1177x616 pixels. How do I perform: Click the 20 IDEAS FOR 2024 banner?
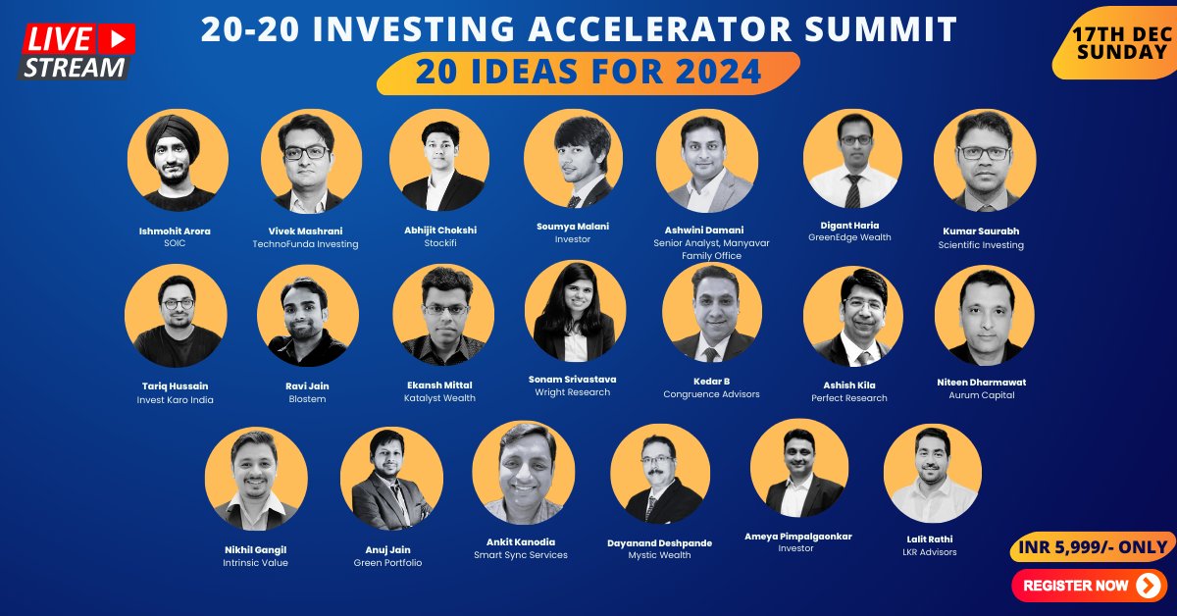click(588, 72)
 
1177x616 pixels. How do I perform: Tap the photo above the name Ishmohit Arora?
click(178, 160)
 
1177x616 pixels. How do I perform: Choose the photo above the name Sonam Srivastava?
click(575, 311)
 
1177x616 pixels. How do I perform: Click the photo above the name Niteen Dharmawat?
click(984, 315)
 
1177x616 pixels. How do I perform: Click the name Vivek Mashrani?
click(305, 231)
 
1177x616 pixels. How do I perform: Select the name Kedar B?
click(711, 381)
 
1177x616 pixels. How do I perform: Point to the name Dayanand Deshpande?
click(659, 542)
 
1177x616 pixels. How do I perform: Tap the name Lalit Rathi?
click(931, 539)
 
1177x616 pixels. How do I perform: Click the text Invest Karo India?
click(175, 400)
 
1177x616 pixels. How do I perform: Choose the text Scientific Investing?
click(981, 245)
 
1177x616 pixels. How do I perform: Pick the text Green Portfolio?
click(387, 563)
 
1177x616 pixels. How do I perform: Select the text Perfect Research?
click(848, 398)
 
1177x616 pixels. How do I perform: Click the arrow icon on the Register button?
click(1148, 586)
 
